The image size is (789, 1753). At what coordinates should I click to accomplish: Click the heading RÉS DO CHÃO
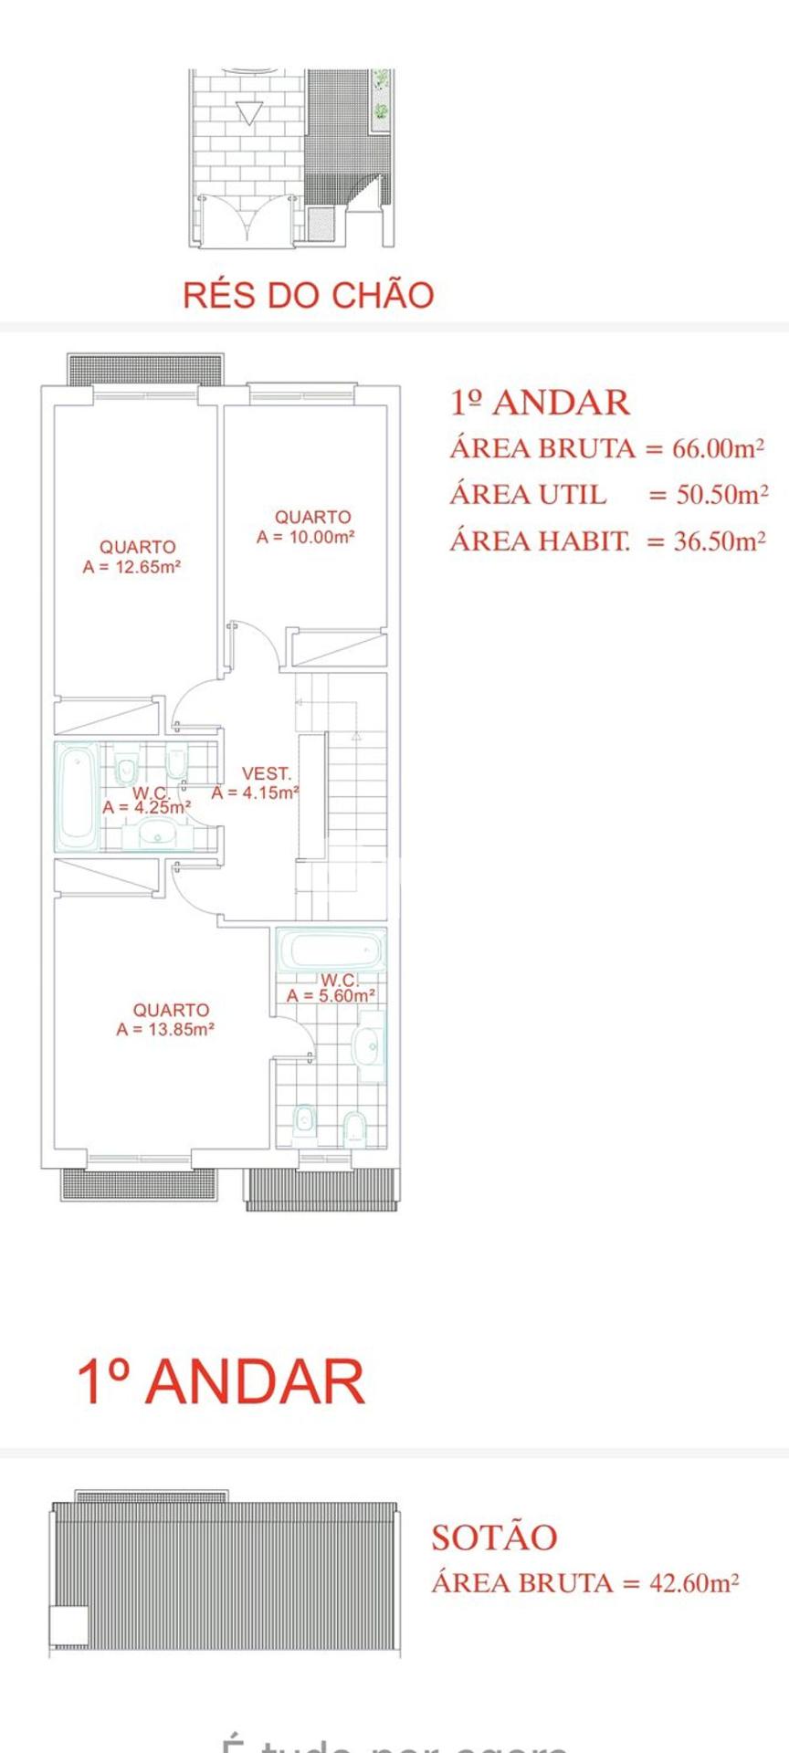tap(308, 295)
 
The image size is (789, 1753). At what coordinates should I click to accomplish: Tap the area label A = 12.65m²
tap(131, 566)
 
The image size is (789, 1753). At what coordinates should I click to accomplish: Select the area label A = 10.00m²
tap(305, 537)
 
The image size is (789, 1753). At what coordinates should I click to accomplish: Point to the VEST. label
tap(266, 773)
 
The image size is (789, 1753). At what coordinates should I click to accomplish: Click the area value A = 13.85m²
tap(165, 1029)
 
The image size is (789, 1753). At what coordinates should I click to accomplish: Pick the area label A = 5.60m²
tap(331, 995)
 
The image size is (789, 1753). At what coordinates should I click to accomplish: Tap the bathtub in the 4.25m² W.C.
tap(77, 795)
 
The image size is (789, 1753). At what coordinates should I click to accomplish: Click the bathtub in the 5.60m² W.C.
tap(330, 952)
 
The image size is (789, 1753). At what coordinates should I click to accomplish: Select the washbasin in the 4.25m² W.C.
tap(158, 833)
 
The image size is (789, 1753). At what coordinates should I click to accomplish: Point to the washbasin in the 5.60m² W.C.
tap(370, 1046)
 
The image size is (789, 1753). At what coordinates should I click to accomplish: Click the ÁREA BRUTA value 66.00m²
tap(718, 448)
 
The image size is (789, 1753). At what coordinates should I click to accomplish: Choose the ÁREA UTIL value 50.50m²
tap(721, 495)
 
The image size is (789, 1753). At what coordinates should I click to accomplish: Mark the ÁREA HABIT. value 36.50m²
tap(720, 541)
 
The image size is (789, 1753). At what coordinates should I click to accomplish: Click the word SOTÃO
tap(494, 1538)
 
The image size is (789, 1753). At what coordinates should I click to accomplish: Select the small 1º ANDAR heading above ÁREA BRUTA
tap(540, 403)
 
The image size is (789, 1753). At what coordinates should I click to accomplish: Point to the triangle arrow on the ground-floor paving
tap(248, 112)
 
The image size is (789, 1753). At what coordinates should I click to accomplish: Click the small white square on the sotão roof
tap(68, 1625)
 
